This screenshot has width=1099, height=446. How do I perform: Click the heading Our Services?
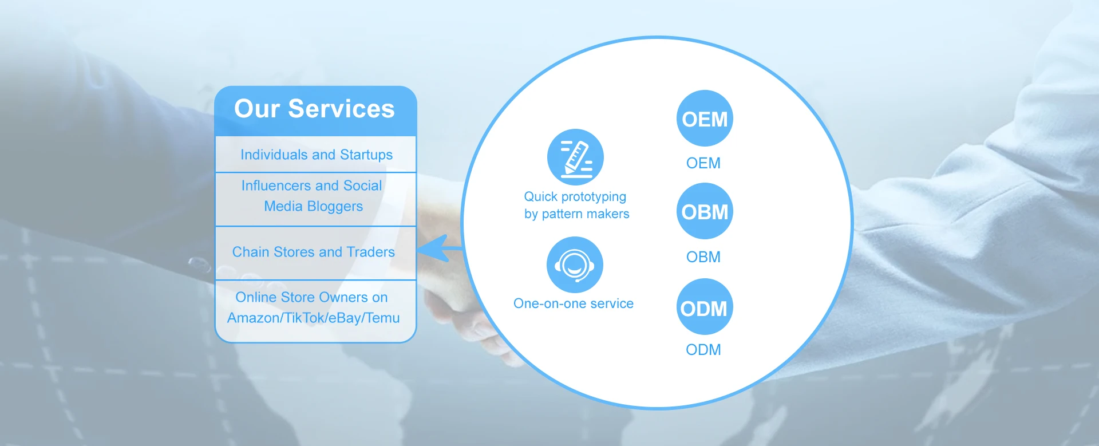pos(314,109)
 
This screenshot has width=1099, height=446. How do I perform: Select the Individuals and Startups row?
pos(316,155)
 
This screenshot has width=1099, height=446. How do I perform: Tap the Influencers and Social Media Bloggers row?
pos(313,196)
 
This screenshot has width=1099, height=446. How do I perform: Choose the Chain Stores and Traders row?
pos(313,252)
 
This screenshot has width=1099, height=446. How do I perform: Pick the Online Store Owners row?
pos(313,307)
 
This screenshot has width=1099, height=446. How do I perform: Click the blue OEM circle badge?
pos(705,119)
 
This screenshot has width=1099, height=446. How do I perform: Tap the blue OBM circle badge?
pos(705,211)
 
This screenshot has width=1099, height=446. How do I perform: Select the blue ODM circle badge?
pos(705,307)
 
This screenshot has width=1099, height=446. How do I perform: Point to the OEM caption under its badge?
pos(703,163)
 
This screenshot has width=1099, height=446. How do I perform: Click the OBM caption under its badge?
pos(703,257)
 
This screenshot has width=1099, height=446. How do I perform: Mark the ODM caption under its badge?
pos(703,350)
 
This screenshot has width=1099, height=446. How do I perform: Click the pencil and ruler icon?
pos(575,157)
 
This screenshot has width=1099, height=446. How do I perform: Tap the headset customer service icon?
pos(575,265)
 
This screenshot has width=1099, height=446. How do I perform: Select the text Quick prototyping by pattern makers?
pos(576,205)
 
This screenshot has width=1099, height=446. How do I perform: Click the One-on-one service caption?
pos(574,303)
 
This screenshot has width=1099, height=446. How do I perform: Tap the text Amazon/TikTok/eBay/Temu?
pos(313,318)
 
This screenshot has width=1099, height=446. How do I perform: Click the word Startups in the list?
pos(366,155)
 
